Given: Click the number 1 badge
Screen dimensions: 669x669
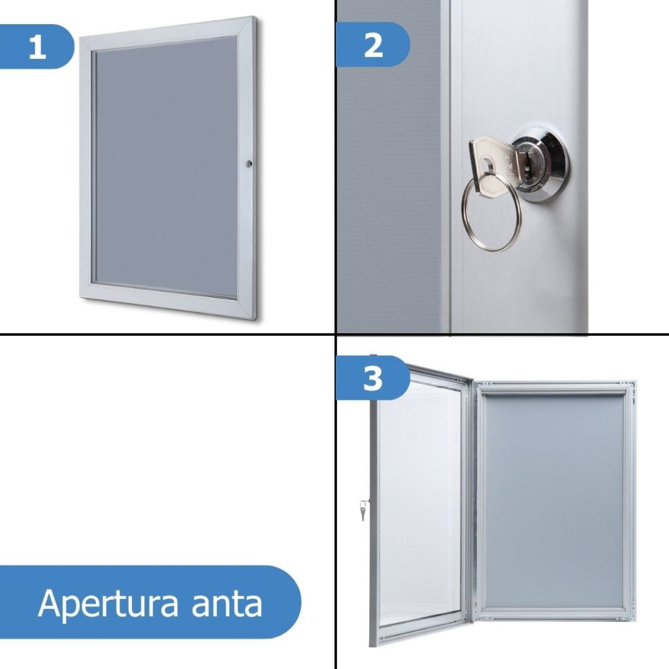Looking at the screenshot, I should point(37,47).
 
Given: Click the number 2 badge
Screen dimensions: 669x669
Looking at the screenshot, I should point(373,46).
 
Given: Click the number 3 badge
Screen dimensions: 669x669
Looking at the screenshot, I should point(372,378).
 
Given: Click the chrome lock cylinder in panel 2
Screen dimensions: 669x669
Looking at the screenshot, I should point(539,163).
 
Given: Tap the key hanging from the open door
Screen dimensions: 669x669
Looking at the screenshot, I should point(364,510).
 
